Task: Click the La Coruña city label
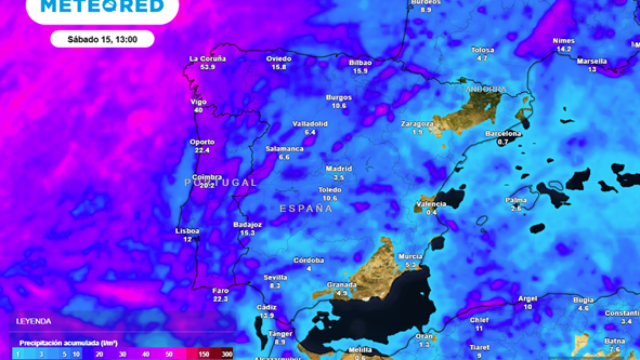click(208, 60)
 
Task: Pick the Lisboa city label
click(188, 231)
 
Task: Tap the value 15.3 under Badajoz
click(248, 233)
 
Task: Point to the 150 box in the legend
click(205, 353)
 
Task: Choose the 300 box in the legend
click(228, 353)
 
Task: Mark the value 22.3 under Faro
click(222, 298)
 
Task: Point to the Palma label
click(516, 200)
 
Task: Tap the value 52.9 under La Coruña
click(208, 68)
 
